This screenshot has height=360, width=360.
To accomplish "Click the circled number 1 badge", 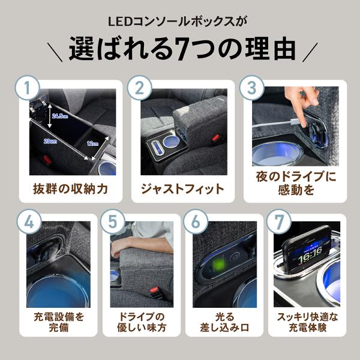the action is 28,88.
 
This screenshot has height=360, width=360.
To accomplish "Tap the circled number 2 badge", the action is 140,88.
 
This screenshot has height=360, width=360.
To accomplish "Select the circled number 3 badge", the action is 252,88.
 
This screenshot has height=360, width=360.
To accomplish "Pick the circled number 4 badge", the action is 29,222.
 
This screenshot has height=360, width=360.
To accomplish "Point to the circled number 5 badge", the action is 113,222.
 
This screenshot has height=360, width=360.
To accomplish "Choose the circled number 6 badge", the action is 196,222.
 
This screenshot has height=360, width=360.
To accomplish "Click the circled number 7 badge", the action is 279,222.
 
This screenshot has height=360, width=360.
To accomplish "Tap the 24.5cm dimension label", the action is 60,116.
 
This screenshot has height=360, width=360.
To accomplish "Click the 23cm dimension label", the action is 50,141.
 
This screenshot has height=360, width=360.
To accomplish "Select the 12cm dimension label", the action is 93,143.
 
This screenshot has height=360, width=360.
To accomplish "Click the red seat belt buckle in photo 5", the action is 153,290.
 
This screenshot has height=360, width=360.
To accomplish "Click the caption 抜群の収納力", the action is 70,189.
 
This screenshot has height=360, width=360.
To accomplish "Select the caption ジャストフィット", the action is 182,189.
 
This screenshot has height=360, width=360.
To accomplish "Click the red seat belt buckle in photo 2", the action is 215,138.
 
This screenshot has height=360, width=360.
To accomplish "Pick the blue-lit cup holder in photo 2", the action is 171,140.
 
